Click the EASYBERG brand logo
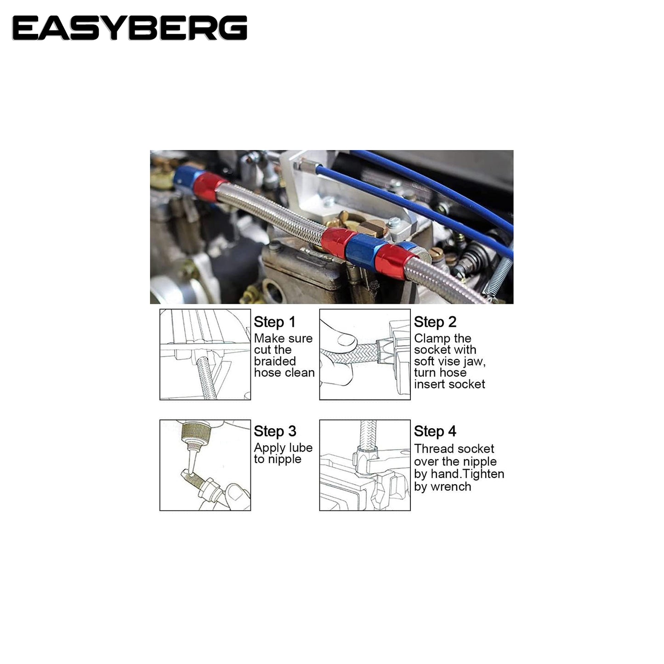(x=130, y=28)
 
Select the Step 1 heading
(x=275, y=322)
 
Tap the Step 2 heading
(x=435, y=322)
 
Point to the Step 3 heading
(x=275, y=431)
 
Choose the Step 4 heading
(x=435, y=431)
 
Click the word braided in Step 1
(x=275, y=361)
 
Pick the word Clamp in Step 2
(x=429, y=339)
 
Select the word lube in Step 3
(x=301, y=448)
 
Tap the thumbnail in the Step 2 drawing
(x=347, y=340)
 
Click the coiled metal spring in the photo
(x=498, y=273)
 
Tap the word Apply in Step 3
(x=270, y=448)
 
